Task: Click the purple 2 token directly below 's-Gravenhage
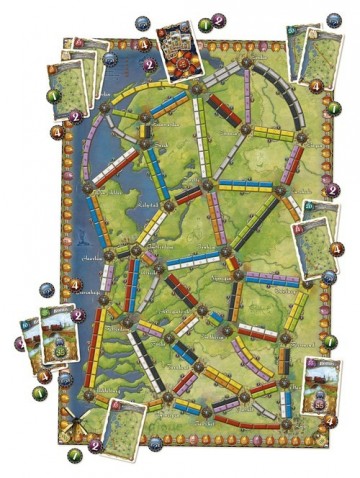(x=79, y=315)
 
